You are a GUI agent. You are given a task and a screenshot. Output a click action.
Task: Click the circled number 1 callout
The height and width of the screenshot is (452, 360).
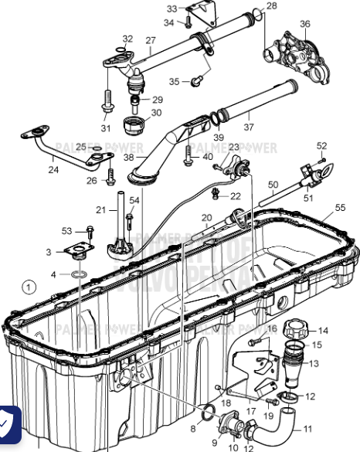(x=29, y=287)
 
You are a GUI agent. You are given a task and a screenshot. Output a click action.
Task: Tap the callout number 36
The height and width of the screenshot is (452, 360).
(x=305, y=24)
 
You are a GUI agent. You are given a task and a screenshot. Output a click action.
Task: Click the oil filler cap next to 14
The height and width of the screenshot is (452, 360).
(x=297, y=329)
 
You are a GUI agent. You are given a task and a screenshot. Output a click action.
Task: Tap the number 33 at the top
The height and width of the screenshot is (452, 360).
(x=172, y=8)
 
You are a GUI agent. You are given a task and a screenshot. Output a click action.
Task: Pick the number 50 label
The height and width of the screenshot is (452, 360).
(x=273, y=185)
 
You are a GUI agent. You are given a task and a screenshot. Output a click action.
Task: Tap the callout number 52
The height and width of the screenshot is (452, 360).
(x=322, y=145)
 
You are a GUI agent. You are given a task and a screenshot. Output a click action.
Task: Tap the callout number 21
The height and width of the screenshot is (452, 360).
(x=100, y=209)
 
